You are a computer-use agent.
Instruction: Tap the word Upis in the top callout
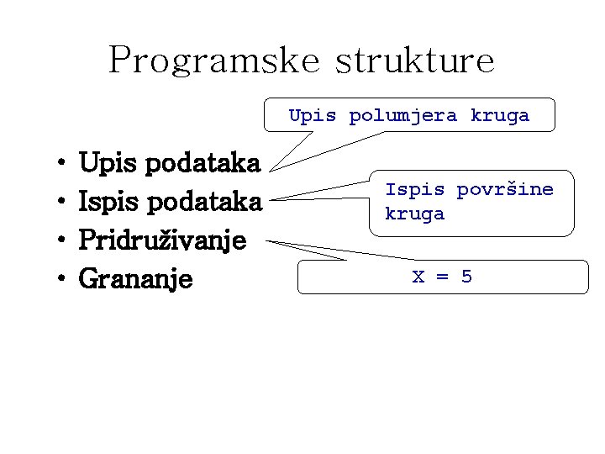pos(313,115)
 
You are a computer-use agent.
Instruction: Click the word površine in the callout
pos(505,190)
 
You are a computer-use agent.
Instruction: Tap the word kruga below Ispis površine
pos(415,214)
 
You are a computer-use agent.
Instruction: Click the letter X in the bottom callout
pos(418,277)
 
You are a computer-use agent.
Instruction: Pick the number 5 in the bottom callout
pos(467,277)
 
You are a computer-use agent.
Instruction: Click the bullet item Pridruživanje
pos(162,241)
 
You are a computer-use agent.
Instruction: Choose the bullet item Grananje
pos(135,278)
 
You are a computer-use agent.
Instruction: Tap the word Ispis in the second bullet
pos(106,202)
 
